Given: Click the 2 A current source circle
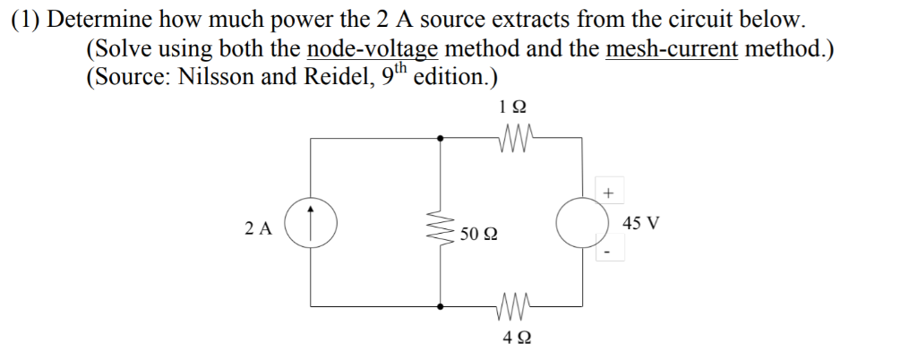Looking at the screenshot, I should (312, 222).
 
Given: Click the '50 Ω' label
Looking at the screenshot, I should (480, 236).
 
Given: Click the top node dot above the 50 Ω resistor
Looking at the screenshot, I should (440, 138).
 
